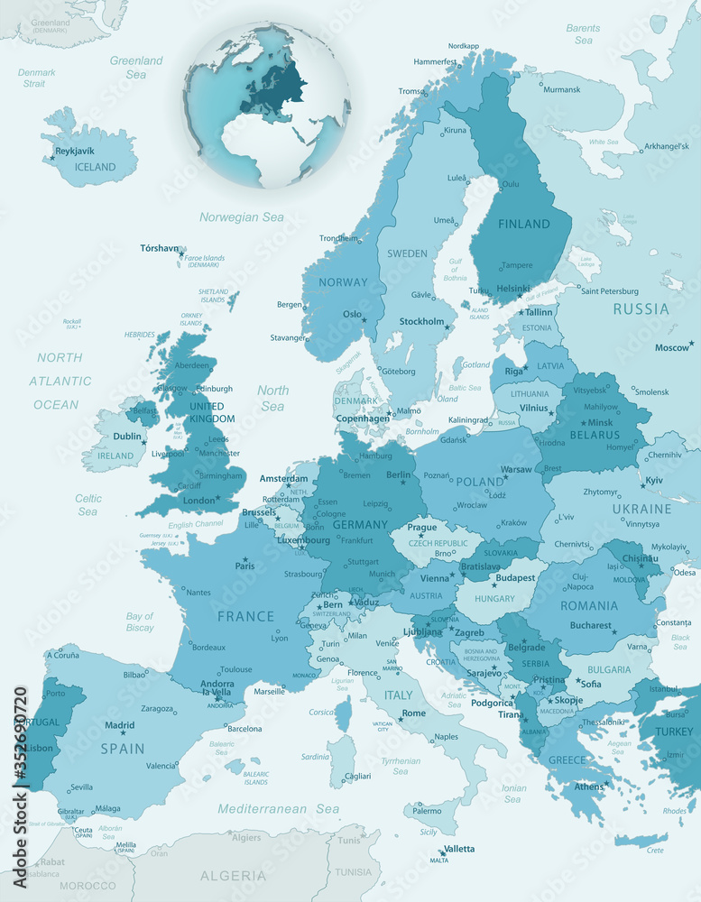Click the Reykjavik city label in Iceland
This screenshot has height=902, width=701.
75,151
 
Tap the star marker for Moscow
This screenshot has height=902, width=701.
691,343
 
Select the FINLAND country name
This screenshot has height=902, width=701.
524,224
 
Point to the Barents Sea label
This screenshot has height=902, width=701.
584,34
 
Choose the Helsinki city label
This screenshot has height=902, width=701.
512,289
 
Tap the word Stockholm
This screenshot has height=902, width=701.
422,321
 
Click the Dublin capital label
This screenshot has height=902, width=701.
127,437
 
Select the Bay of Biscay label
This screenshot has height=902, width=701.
140,621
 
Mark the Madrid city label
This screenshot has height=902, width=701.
120,725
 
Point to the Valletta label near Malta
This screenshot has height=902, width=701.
459,849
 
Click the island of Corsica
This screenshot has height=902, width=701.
343,714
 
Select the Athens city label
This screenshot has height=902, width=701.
589,787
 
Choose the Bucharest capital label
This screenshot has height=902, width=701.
590,625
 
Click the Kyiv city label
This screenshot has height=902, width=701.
654,481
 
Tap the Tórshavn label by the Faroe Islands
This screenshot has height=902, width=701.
160,248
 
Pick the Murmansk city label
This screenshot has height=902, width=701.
562,89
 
